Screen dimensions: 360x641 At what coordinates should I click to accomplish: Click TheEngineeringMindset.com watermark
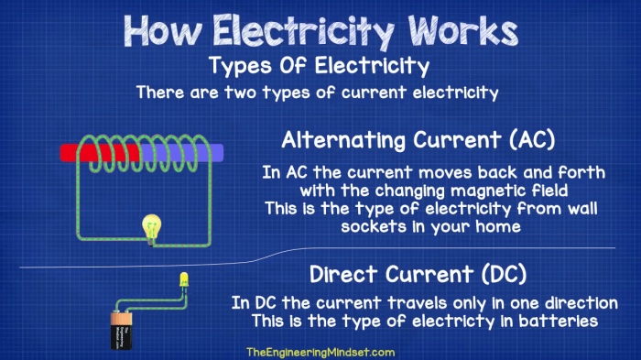(320, 352)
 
